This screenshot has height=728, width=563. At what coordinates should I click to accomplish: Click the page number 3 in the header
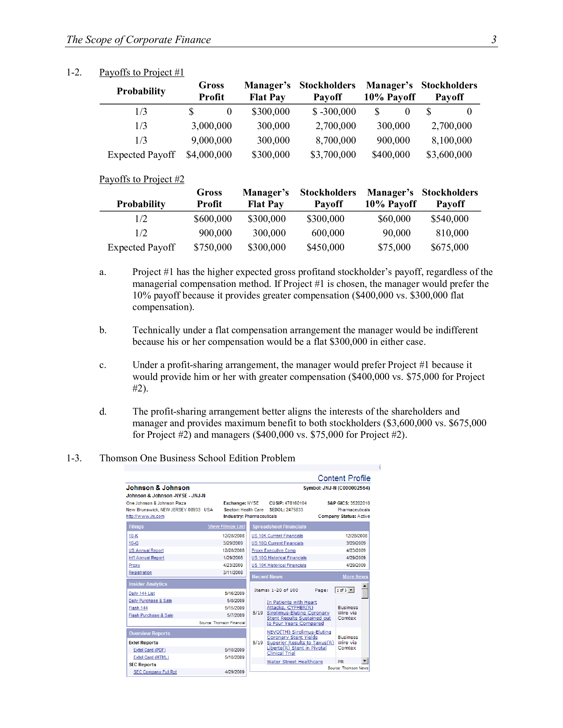coord(494,39)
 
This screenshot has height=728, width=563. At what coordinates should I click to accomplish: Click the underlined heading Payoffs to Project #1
coord(141,72)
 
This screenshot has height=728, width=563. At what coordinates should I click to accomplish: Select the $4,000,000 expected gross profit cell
coord(209,155)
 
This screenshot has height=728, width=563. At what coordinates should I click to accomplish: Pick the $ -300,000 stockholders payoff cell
coord(334,111)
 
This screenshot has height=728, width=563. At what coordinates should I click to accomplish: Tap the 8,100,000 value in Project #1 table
coord(451,140)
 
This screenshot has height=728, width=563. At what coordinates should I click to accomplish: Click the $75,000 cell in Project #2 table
coord(394,247)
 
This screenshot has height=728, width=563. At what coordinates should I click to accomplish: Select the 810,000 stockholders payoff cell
coord(452,233)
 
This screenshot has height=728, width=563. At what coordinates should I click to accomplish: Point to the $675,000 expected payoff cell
coord(449,247)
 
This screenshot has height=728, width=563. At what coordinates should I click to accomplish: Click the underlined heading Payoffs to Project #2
coord(141,179)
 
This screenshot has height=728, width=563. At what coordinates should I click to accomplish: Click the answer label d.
coord(103,412)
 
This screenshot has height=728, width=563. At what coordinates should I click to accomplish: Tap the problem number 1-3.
coord(74,458)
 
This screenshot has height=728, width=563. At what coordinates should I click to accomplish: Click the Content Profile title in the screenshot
coord(343,478)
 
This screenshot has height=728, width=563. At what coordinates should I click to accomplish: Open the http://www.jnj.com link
coord(145,516)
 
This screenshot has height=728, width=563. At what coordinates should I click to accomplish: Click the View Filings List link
coord(226,526)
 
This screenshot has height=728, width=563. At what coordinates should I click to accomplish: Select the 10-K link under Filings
coord(133,536)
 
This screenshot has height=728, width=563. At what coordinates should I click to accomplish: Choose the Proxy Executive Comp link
coord(273,551)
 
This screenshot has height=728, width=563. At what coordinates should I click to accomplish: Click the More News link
coord(355,577)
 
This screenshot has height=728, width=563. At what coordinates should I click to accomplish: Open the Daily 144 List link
coord(141,593)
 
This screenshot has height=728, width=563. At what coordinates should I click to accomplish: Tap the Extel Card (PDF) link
coord(149,650)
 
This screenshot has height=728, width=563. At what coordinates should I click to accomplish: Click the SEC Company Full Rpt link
coord(155,672)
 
